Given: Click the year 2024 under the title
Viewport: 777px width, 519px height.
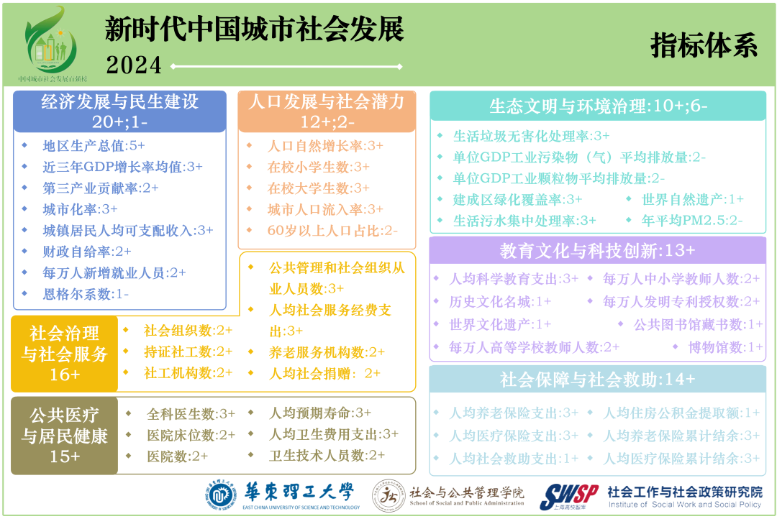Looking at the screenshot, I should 134,65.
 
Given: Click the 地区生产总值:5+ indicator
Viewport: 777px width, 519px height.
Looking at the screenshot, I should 94,145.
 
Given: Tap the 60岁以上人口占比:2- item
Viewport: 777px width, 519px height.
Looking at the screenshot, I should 332,231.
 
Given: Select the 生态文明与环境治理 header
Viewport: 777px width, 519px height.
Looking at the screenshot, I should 598,106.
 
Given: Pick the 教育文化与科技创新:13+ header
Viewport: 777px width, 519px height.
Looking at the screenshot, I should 597,251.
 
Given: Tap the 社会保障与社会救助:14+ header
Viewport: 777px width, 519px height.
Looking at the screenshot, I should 597,379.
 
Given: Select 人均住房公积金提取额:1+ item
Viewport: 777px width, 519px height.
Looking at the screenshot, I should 681,413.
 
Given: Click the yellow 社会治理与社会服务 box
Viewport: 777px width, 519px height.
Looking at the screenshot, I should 64,354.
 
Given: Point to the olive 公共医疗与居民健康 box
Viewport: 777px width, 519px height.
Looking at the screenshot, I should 64,436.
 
